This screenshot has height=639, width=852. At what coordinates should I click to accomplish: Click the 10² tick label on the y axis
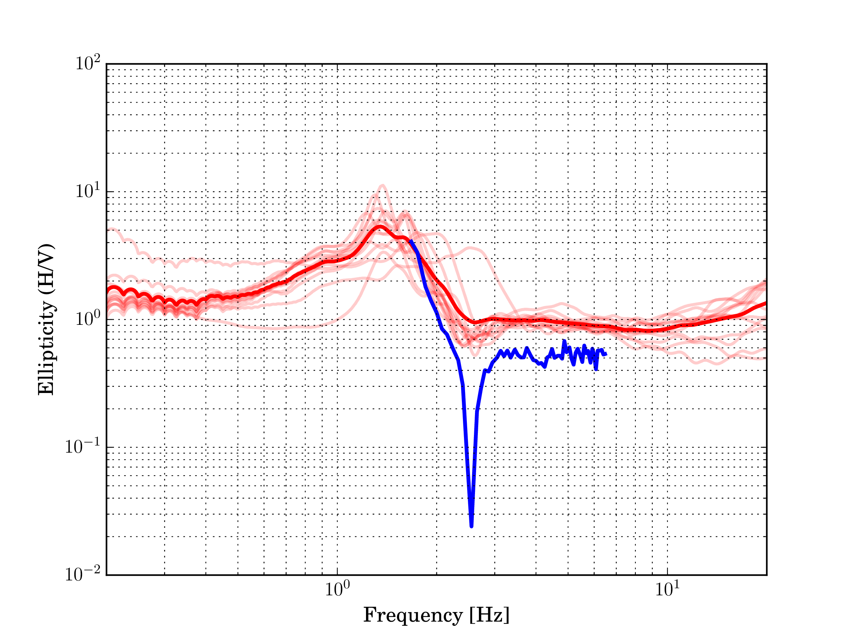tap(87, 63)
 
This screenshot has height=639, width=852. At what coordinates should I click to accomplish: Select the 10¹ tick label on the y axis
tap(87, 191)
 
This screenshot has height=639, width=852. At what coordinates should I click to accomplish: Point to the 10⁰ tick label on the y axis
tap(87, 318)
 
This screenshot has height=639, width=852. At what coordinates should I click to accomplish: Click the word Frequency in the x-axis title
tap(413, 615)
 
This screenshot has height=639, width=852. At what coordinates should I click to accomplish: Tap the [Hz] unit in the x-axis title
tap(489, 615)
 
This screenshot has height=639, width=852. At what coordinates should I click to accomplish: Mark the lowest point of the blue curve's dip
tap(471, 526)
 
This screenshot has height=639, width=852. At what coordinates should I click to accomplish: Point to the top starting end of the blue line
tap(411, 241)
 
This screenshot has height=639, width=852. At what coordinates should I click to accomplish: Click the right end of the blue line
tap(606, 354)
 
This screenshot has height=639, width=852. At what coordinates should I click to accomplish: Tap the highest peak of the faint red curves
tap(382, 185)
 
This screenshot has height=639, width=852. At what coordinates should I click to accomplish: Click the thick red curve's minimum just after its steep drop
tap(475, 322)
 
